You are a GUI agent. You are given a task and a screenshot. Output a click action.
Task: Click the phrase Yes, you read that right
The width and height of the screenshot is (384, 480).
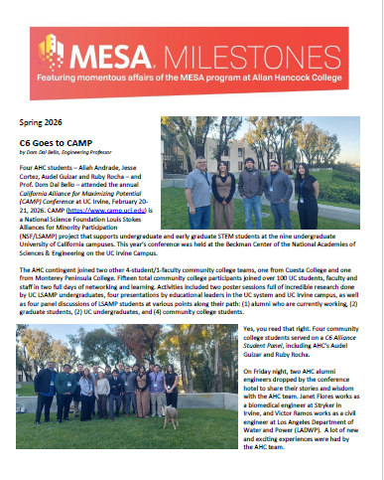coord(281,329)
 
